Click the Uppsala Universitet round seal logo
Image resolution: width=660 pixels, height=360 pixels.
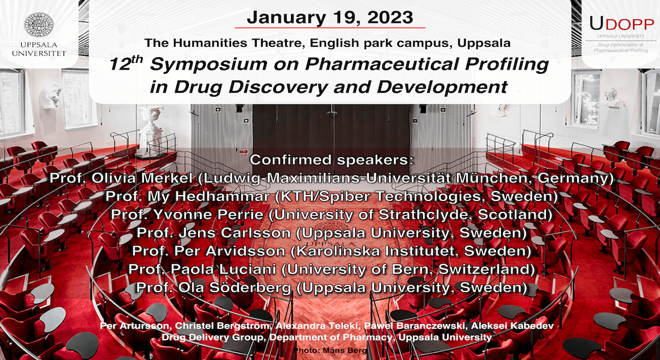[39, 25]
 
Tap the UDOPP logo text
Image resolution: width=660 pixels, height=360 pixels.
[621, 24]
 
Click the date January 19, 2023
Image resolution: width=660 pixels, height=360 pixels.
[329, 17]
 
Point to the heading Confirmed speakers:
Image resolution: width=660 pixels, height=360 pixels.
[332, 160]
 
